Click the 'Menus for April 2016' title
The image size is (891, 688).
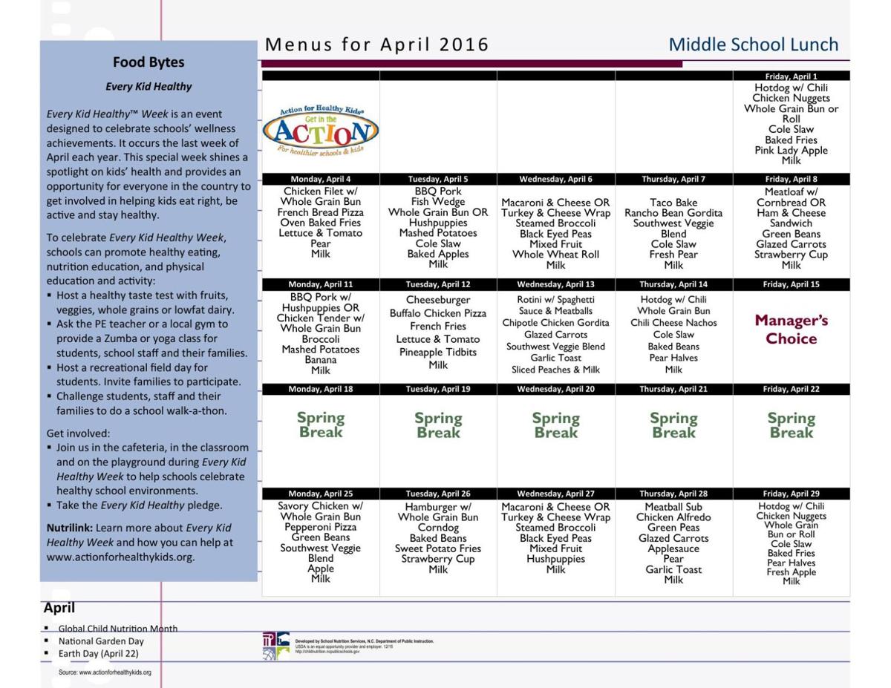(x=376, y=45)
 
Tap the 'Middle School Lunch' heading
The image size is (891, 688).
(x=753, y=45)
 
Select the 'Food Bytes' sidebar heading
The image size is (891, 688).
(x=148, y=62)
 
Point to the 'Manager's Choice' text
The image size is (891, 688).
(x=791, y=330)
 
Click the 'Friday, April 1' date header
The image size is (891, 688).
(x=791, y=76)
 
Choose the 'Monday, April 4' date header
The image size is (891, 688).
(x=320, y=180)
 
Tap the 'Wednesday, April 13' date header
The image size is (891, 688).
(x=555, y=285)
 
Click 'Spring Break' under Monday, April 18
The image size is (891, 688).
(x=320, y=425)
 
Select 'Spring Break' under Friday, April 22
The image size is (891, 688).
(x=791, y=425)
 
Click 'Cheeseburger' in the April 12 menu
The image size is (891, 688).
(x=438, y=301)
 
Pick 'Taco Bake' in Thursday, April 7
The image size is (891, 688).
(x=673, y=202)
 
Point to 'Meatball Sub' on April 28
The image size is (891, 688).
(x=673, y=508)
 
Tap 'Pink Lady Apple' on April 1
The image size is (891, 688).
(x=791, y=151)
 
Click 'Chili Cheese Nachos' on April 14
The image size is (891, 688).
(x=673, y=323)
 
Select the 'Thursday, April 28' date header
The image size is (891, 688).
(x=673, y=494)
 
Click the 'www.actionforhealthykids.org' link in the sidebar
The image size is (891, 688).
(x=120, y=557)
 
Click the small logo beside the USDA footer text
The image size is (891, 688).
(x=275, y=646)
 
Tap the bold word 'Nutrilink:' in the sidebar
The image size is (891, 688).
(x=70, y=528)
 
